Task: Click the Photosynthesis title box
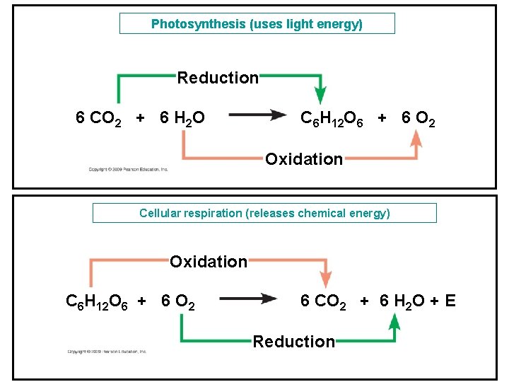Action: (x=257, y=24)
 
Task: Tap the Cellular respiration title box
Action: (x=264, y=213)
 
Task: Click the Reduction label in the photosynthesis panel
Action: (x=218, y=78)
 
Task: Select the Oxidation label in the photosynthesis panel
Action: (x=304, y=159)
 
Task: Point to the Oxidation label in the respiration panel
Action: (x=209, y=262)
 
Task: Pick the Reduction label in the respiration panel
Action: (x=294, y=342)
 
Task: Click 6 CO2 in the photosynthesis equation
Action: (x=98, y=118)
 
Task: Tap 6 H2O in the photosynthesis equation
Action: (x=182, y=118)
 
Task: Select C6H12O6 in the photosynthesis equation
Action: (x=332, y=118)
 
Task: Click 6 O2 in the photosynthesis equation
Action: (x=418, y=118)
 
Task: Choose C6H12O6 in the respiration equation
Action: (x=97, y=302)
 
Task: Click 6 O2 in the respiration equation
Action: (x=178, y=302)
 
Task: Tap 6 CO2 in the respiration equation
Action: (x=323, y=302)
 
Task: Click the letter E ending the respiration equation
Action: (x=450, y=302)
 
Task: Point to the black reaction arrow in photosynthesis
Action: (x=253, y=116)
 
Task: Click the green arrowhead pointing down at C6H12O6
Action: (x=320, y=96)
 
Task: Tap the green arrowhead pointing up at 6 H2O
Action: (x=394, y=324)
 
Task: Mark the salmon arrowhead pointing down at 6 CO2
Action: (x=324, y=279)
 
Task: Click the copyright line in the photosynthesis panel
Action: (x=128, y=170)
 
